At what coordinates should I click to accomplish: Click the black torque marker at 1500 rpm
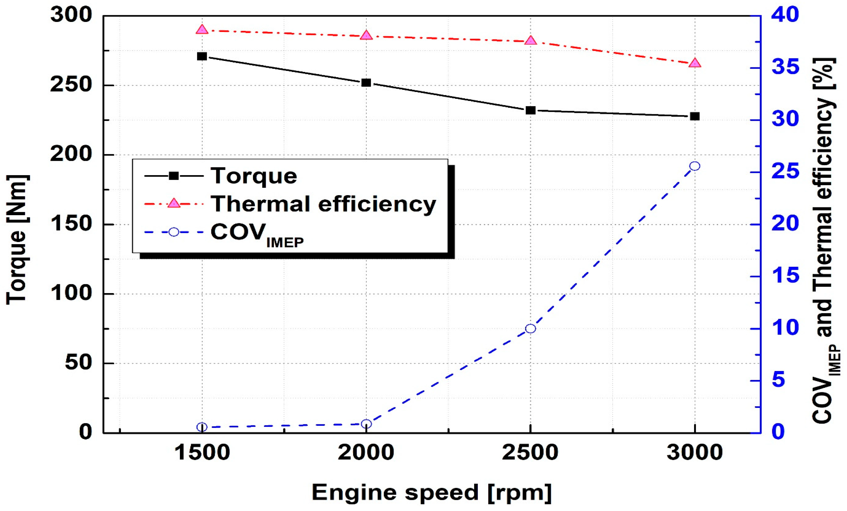click(x=202, y=56)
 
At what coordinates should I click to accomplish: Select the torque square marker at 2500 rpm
click(x=530, y=110)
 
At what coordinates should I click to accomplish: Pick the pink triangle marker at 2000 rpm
click(x=366, y=35)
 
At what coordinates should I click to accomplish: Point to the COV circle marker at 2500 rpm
click(x=530, y=328)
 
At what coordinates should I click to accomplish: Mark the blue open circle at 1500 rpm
click(x=202, y=427)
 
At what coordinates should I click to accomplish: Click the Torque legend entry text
click(x=254, y=176)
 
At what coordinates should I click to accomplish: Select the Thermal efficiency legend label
click(x=323, y=204)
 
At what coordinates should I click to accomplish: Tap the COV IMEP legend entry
click(x=257, y=234)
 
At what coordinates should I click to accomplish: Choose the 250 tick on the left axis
click(x=71, y=85)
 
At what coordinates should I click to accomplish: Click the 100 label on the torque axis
click(x=71, y=294)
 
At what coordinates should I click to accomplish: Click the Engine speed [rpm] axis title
click(x=431, y=492)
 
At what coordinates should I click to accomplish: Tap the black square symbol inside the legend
click(x=174, y=176)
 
